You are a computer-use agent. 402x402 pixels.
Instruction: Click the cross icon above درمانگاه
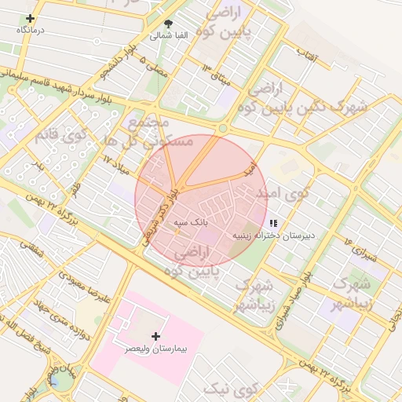pyautogui.click(x=30, y=18)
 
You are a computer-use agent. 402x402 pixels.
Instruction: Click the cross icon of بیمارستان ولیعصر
pyautogui.click(x=155, y=335)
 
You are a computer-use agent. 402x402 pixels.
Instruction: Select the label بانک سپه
pyautogui.click(x=190, y=222)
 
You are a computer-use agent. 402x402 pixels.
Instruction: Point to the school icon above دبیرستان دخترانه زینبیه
pyautogui.click(x=272, y=224)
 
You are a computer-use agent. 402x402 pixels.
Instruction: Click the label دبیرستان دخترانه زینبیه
pyautogui.click(x=272, y=235)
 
